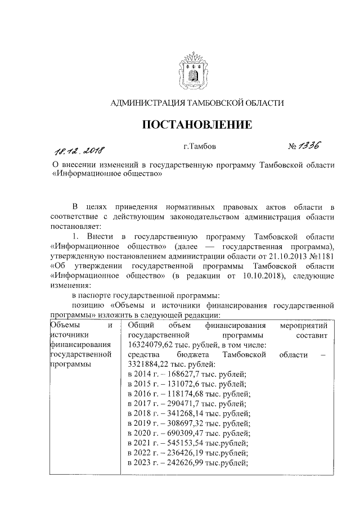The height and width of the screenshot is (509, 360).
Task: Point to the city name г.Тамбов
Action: tap(196, 147)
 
